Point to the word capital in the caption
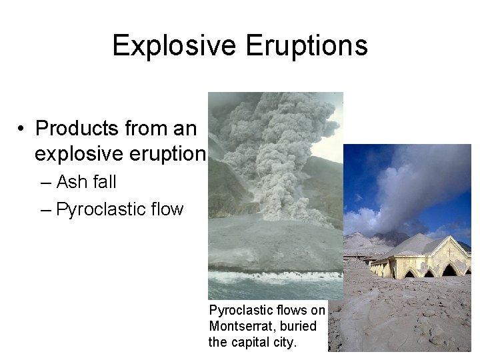[x=249, y=343]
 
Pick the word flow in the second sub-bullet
[x=167, y=209]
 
